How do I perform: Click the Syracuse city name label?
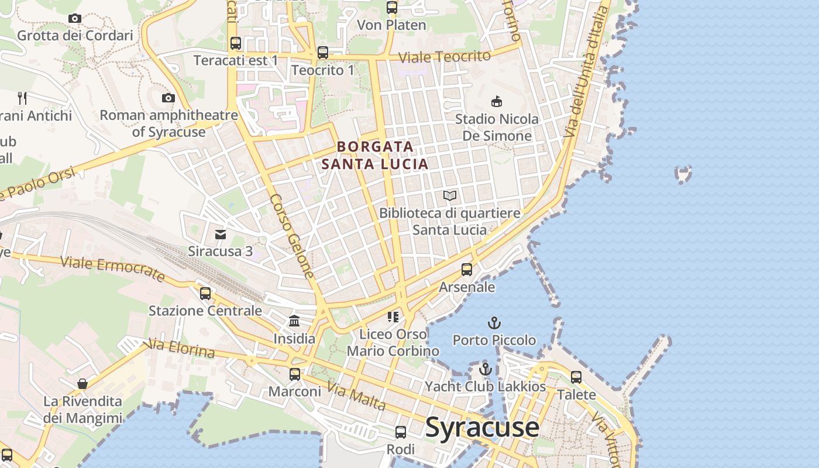click(x=482, y=427)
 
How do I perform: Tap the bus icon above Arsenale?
click(x=467, y=270)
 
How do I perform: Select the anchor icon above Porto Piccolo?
click(x=494, y=323)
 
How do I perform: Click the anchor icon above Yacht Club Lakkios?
click(x=485, y=369)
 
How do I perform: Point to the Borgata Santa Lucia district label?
click(x=375, y=155)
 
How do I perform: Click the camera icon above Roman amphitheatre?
click(x=168, y=98)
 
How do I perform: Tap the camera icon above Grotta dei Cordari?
click(x=74, y=18)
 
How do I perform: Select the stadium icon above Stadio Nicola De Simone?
click(x=497, y=102)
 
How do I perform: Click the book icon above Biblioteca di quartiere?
click(x=449, y=195)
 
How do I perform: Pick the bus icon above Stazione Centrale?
click(x=205, y=293)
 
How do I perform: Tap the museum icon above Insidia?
click(x=294, y=321)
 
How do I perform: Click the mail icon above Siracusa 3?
click(x=221, y=235)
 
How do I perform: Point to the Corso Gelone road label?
click(x=291, y=236)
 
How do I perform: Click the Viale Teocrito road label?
click(x=444, y=57)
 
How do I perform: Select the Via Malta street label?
click(x=356, y=397)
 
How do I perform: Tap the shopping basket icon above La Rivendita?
click(x=82, y=384)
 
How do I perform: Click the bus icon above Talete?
click(x=576, y=377)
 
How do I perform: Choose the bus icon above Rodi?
click(x=401, y=432)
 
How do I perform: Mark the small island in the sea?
click(x=683, y=174)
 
